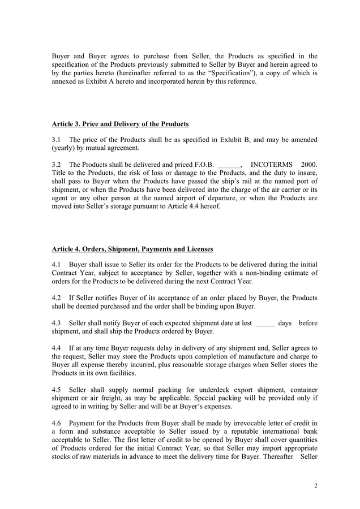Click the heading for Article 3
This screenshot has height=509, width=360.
click(120, 124)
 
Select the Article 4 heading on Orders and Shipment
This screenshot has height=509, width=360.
click(132, 249)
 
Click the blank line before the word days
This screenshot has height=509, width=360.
click(264, 323)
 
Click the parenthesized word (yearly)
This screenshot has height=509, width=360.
click(65, 148)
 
